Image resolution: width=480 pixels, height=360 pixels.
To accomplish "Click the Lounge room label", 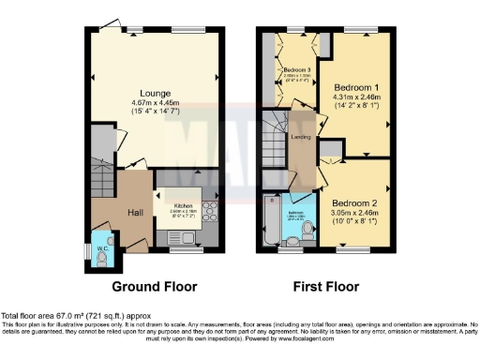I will pos(156,92).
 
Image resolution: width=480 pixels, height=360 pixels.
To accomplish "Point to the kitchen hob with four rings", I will pos(211,211).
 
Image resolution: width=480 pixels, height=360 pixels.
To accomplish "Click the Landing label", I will pos(301,138).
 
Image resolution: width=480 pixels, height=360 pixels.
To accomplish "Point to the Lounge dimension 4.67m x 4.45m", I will pos(156,102).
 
